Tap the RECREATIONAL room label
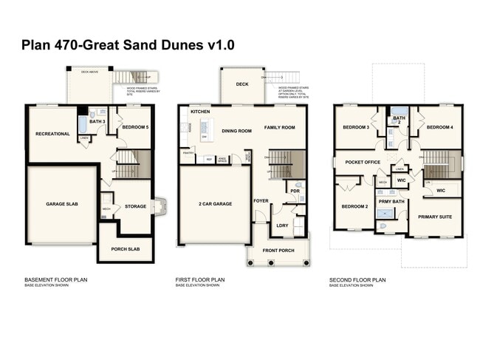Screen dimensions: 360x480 point(52,134)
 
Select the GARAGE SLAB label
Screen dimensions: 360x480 point(61,204)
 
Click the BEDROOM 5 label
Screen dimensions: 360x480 point(135,126)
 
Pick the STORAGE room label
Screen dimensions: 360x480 point(135,206)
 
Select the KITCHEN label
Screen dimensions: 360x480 point(201,111)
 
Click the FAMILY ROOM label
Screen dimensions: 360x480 point(280,127)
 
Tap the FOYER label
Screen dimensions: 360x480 point(261,200)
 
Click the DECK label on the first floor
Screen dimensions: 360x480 point(242,84)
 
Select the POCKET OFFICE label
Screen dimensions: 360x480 point(362,162)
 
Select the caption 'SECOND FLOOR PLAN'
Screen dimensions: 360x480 point(357,279)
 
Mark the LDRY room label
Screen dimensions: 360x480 point(282,225)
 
